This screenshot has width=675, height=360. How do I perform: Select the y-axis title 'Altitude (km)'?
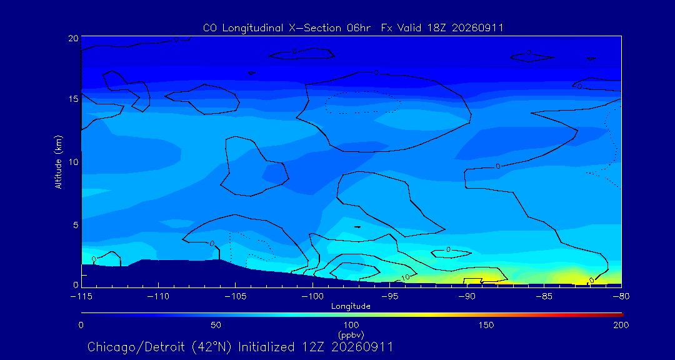[59, 162]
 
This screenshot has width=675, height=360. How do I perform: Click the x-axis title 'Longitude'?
[351, 307]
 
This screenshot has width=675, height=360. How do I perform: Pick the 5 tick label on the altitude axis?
[76, 225]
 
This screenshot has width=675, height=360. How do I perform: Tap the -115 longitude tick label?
[81, 297]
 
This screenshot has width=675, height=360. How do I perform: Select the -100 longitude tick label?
[312, 297]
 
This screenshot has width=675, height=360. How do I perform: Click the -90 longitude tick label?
[467, 297]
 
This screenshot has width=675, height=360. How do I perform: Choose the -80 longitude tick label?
[622, 297]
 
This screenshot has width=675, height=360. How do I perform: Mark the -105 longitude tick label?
[236, 297]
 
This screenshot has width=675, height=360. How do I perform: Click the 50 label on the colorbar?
[216, 325]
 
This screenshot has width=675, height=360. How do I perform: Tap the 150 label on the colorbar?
[486, 325]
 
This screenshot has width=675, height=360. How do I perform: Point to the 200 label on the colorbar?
[621, 325]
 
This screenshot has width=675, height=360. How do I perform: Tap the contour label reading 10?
[406, 277]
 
